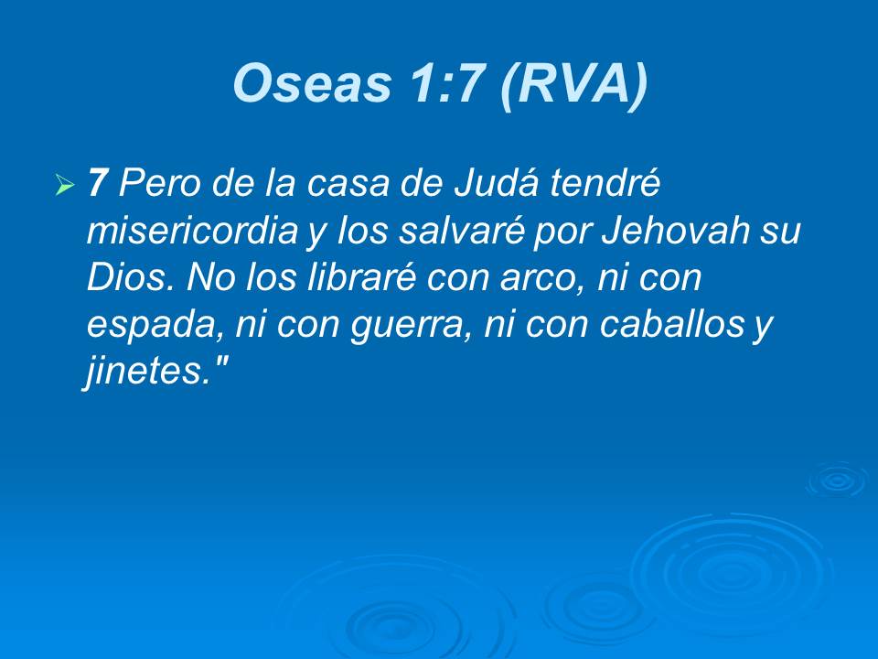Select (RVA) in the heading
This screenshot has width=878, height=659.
[574, 84]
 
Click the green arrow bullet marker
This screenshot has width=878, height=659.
[64, 187]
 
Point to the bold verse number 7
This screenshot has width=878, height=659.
[98, 185]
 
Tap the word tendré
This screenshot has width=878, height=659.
[605, 185]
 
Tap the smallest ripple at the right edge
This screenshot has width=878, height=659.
[835, 480]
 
